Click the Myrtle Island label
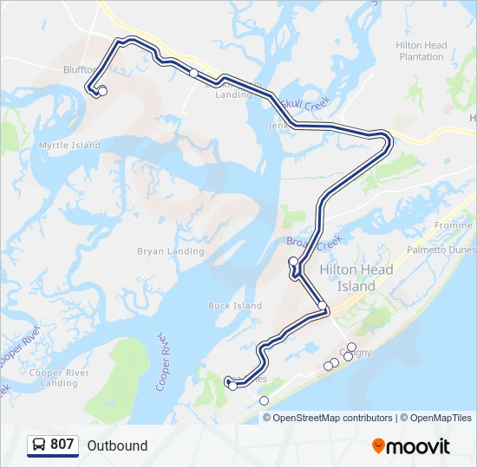69,146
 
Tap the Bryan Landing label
171,251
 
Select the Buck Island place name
235,306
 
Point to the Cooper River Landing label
59,378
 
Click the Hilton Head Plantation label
421,51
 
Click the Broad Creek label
315,242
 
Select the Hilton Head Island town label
356,278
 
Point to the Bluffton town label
83,70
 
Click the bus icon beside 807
39,445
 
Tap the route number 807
62,445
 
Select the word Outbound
117,445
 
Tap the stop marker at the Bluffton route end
102,91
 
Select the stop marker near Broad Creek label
293,261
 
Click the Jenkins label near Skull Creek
278,126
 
